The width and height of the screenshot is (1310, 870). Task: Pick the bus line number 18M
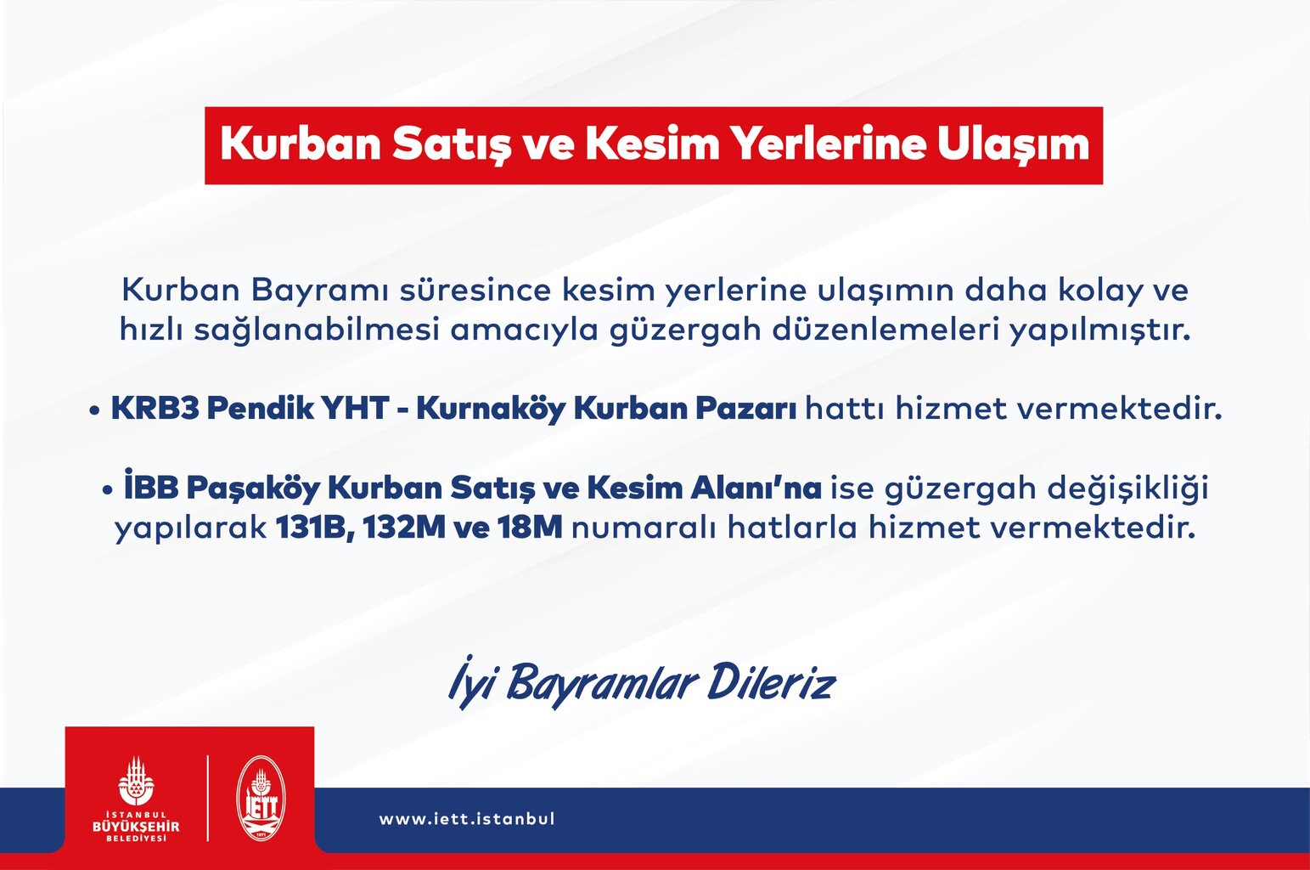531,528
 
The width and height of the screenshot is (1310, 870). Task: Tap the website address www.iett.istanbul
467,818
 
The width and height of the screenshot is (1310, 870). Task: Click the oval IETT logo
261,799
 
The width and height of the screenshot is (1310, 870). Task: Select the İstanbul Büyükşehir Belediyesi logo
136,799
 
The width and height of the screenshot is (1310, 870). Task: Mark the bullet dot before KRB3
94,410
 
